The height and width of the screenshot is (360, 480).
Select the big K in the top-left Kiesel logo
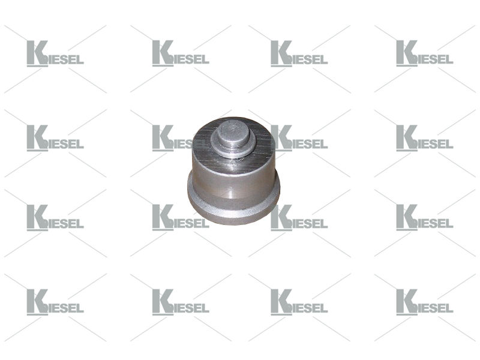[x=37, y=53]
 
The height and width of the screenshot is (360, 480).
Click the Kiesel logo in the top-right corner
[x=425, y=53]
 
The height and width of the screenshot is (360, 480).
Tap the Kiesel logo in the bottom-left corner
[x=55, y=302]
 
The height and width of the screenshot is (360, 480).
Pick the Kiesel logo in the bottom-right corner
[x=425, y=302]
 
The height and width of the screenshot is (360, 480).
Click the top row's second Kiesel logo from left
[x=181, y=53]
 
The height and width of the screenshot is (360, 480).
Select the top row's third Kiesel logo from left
[x=299, y=53]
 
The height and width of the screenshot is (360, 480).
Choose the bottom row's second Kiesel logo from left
[x=181, y=302]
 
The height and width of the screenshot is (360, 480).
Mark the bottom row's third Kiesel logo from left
[x=299, y=302]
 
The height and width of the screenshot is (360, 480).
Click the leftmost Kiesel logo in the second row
[x=55, y=138]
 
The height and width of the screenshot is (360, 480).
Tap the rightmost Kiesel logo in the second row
[x=425, y=138]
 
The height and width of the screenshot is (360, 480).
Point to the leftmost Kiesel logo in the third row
[x=55, y=218]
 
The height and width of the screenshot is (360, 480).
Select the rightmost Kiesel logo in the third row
[x=425, y=218]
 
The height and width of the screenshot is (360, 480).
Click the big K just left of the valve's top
[x=163, y=138]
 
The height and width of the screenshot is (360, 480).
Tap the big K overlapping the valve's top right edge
[x=281, y=138]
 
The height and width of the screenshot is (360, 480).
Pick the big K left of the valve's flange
[x=163, y=218]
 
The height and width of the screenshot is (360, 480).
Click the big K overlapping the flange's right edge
[x=281, y=218]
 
